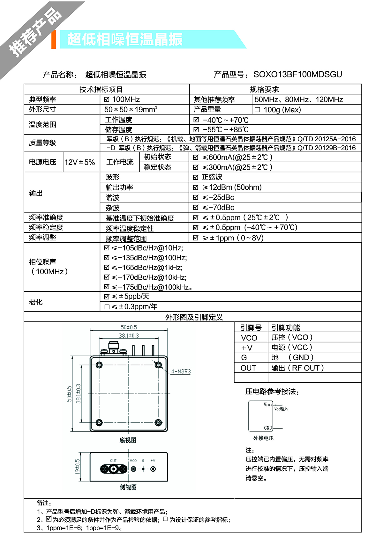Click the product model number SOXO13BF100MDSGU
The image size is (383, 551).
pyautogui.click(x=297, y=75)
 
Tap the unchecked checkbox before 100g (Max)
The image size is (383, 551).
pyautogui.click(x=258, y=110)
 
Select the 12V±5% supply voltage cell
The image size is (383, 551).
pyautogui.click(x=80, y=162)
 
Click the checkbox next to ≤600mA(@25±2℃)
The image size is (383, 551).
pyautogui.click(x=196, y=157)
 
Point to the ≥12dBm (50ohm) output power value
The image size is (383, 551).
pyautogui.click(x=232, y=187)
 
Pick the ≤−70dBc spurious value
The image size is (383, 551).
pyautogui.click(x=218, y=208)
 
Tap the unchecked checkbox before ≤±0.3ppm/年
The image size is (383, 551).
pyautogui.click(x=107, y=307)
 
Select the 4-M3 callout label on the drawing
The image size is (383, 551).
pyautogui.click(x=181, y=371)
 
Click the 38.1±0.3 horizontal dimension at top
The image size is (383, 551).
pyautogui.click(x=129, y=335)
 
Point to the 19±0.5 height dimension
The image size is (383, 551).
pyautogui.click(x=78, y=466)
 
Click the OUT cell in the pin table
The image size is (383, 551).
pyautogui.click(x=248, y=368)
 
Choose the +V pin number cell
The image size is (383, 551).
pyautogui.click(x=247, y=348)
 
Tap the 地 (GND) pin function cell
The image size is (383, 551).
pyautogui.click(x=292, y=358)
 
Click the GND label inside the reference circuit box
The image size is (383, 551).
pyautogui.click(x=268, y=428)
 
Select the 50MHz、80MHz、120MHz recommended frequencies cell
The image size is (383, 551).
pyautogui.click(x=299, y=99)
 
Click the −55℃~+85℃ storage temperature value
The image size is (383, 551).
pyautogui.click(x=225, y=130)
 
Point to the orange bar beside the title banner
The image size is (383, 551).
pyautogui.click(x=54, y=40)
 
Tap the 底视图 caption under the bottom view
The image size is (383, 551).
pyautogui.click(x=128, y=440)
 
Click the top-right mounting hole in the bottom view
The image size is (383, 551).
pyautogui.click(x=158, y=365)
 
